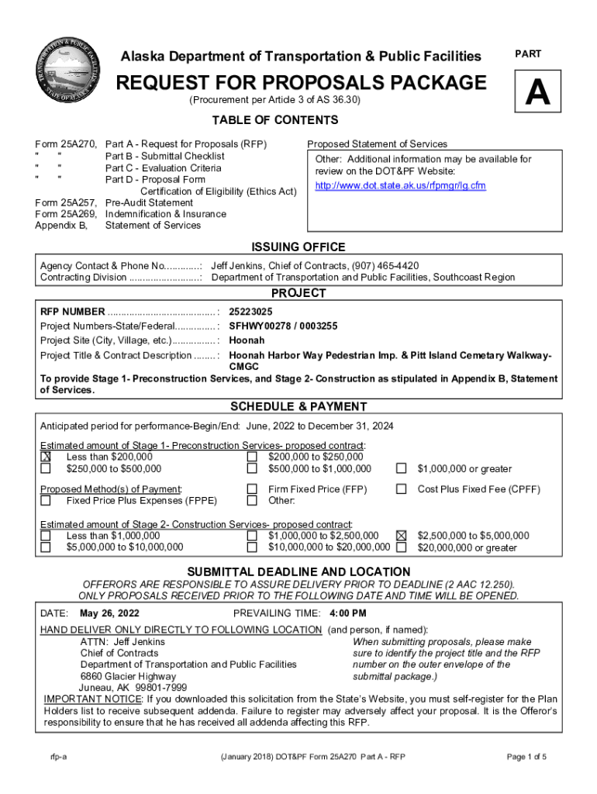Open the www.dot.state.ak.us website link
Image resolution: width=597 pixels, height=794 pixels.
click(399, 186)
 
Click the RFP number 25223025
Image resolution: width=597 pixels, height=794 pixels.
click(250, 311)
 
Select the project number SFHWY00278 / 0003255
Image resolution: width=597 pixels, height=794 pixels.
click(283, 326)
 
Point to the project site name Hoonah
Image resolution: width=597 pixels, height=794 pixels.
click(247, 341)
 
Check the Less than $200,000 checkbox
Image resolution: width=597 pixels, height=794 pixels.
click(46, 457)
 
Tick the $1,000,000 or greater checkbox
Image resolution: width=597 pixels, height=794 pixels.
click(402, 468)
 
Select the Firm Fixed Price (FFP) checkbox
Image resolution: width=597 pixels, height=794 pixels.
click(252, 489)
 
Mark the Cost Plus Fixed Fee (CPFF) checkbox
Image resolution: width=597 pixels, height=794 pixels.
click(402, 489)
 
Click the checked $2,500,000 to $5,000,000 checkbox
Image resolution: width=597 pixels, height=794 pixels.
click(402, 536)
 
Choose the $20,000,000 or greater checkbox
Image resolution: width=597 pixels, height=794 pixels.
click(402, 547)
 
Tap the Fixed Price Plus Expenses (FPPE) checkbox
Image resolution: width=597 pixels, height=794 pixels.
click(46, 501)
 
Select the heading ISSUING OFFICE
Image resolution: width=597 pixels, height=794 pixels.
click(298, 247)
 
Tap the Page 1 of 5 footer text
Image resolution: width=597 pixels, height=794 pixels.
click(526, 757)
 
